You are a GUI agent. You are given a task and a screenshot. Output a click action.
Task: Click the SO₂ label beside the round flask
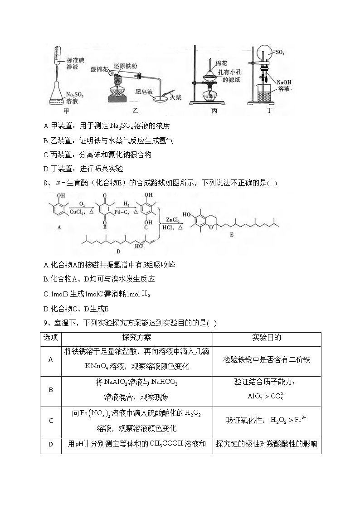coord(280,53)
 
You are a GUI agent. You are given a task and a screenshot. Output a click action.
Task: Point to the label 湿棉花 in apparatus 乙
coord(100,69)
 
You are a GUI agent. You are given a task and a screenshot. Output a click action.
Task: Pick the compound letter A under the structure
coord(59,228)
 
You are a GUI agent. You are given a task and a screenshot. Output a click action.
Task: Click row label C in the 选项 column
coord(51,421)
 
